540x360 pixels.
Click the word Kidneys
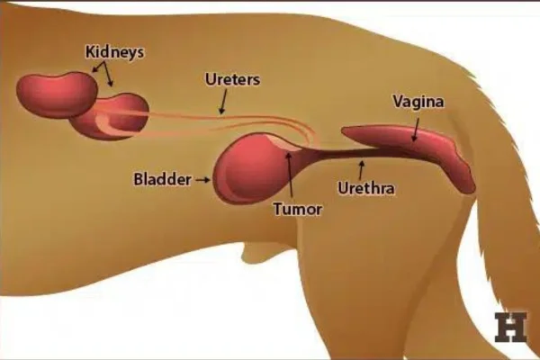(x=114, y=52)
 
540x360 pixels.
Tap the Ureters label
(x=232, y=79)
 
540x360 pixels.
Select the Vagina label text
(x=418, y=102)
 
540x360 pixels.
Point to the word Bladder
(x=162, y=179)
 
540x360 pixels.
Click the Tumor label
(x=298, y=209)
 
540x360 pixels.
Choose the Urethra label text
(x=366, y=188)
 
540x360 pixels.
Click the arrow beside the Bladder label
(x=203, y=179)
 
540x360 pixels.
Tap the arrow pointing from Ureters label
(x=223, y=102)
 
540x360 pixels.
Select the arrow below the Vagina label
(x=416, y=130)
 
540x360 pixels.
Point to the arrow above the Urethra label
(x=361, y=170)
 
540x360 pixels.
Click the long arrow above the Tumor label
(x=290, y=176)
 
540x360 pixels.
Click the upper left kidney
(x=58, y=94)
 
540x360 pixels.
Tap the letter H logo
(x=510, y=328)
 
